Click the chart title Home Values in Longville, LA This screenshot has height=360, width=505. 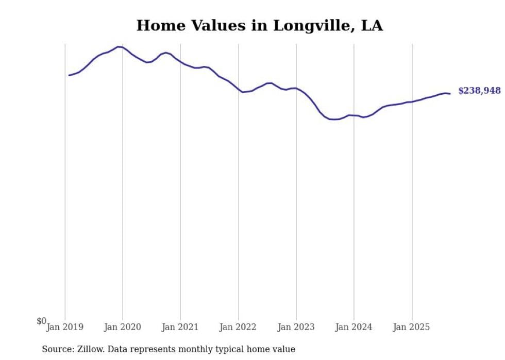coord(259,26)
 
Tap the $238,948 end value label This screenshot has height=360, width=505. coord(479,91)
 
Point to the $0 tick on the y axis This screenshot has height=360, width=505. coord(41,321)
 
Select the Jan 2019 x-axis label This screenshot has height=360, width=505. coord(65,327)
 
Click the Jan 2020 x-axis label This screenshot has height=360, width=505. coord(123,327)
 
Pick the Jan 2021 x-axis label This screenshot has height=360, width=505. coord(180,327)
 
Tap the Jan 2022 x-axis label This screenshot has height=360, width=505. coord(238,327)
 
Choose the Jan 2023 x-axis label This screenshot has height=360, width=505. coord(296,327)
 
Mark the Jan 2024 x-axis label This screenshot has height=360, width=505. coord(354,327)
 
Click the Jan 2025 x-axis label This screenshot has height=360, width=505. coord(412,327)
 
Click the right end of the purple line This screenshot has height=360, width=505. coord(450,94)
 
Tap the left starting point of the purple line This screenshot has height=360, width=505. coord(69,75)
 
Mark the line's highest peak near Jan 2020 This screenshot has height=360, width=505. coord(119,47)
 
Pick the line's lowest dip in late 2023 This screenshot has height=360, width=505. coord(334,119)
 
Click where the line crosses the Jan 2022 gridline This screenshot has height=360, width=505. coord(238,90)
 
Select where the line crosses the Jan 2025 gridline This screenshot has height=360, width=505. coord(412,101)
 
